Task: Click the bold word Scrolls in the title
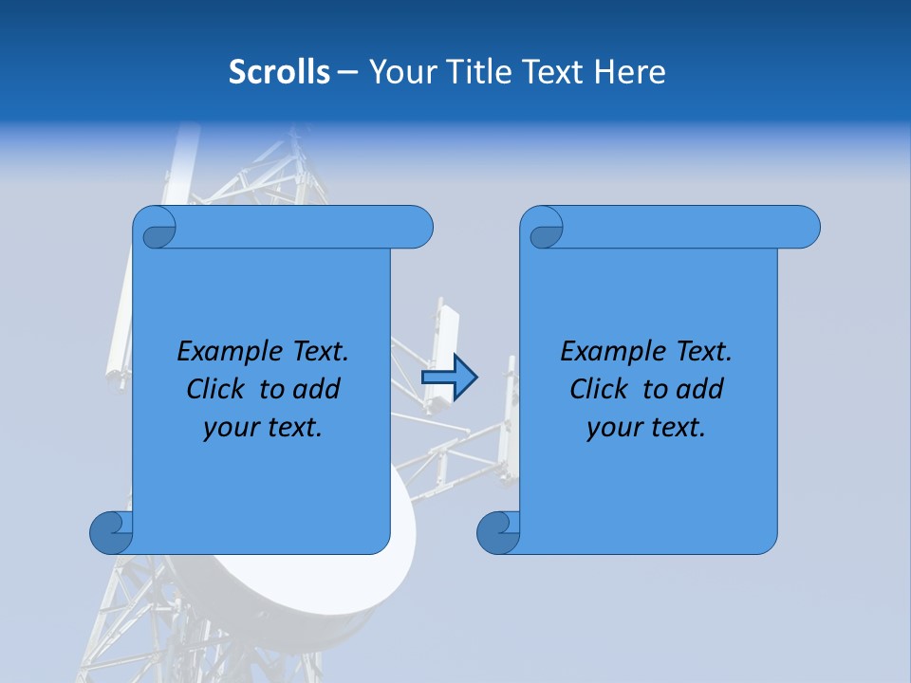[279, 72]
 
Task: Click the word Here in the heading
[630, 72]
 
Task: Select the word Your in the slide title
[401, 72]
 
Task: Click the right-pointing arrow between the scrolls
[449, 378]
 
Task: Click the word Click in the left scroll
[217, 389]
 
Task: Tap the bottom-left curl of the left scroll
[112, 533]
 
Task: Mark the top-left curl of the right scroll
[544, 228]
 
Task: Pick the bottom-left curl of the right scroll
[498, 533]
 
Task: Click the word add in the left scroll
[317, 389]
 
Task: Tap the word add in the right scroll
[700, 389]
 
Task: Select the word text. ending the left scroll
[293, 428]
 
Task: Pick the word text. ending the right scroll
[677, 428]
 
